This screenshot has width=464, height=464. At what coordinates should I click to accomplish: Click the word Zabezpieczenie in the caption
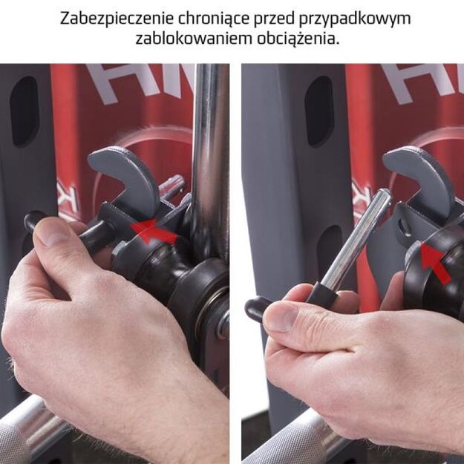117,19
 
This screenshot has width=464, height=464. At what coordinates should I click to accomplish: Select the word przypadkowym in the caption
355,19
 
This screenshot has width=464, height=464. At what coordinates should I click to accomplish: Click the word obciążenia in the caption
298,39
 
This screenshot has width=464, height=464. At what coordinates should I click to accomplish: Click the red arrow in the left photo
154,231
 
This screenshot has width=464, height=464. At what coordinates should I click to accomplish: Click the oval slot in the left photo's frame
24,112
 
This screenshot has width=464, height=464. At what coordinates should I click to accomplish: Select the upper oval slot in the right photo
319,112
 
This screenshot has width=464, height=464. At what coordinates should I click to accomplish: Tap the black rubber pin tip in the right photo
258,308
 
